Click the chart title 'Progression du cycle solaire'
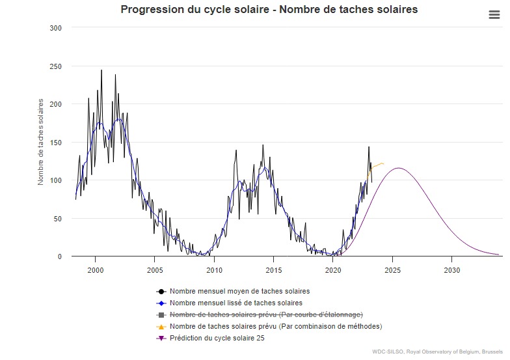click(269, 10)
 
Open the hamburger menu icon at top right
click(494, 16)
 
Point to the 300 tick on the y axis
click(56, 28)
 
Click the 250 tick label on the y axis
click(56, 66)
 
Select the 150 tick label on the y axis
click(56, 143)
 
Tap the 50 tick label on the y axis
click(58, 219)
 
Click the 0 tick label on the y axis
click(60, 256)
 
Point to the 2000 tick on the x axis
click(95, 270)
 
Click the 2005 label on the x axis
click(155, 270)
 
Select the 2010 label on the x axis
click(214, 270)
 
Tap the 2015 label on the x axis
click(274, 270)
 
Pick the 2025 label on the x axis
click(393, 270)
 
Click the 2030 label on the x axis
click(452, 270)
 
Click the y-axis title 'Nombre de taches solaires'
click(41, 142)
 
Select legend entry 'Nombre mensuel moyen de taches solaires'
click(239, 291)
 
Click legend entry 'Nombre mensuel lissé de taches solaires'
click(235, 303)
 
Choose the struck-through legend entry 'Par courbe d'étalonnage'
click(266, 314)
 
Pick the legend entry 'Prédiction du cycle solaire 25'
click(217, 338)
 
